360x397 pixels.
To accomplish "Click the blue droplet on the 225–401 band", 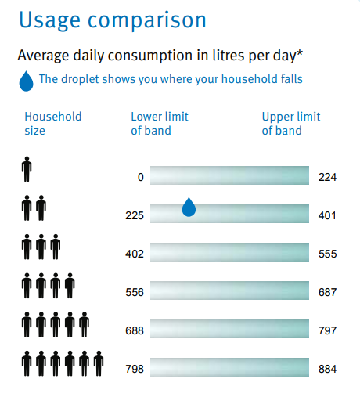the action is [189, 208].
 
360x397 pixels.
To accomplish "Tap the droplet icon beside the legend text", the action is [27, 81].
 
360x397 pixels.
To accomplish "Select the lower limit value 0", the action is [141, 177].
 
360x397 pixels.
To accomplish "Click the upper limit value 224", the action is [327, 177].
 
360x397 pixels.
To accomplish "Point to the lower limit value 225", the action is [135, 215].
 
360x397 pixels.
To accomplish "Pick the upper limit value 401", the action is [327, 215].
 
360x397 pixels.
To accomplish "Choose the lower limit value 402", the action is [135, 254].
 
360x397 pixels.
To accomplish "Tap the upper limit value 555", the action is [327, 254].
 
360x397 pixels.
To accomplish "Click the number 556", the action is [135, 292].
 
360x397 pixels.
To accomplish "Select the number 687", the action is [327, 292].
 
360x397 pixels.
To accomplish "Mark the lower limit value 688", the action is [135, 330].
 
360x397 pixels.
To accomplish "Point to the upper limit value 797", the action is [327, 330].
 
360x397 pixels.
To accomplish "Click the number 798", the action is [135, 369].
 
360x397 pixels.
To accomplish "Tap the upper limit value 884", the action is [327, 369].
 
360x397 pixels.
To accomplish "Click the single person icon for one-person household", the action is [27, 169].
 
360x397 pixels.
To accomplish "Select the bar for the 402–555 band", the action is [229, 252].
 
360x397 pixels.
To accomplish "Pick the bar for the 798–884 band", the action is [229, 367].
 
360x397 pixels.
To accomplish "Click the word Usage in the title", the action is [50, 21].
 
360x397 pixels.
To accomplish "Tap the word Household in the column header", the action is [53, 117].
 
